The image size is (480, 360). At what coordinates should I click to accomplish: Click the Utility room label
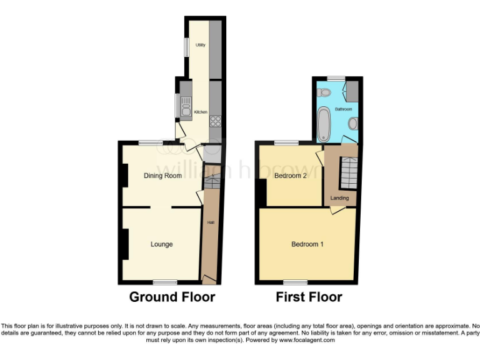click(201, 45)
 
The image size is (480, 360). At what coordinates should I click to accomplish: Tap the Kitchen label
click(201, 112)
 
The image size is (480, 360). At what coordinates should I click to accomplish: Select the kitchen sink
click(185, 107)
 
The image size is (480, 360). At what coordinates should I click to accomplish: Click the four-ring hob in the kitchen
click(216, 122)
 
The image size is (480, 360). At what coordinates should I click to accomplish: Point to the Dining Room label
click(162, 176)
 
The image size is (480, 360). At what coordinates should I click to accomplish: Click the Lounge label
click(161, 244)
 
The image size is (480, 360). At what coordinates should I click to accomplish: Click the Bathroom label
click(342, 109)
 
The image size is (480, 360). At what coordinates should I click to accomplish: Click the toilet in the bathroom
click(324, 92)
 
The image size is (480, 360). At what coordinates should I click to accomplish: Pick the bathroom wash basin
click(353, 124)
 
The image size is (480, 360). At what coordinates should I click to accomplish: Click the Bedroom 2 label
click(291, 176)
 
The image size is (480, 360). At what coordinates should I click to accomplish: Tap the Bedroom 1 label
click(307, 244)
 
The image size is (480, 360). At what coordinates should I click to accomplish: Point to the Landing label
click(340, 198)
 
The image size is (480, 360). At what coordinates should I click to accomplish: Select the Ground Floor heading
click(172, 297)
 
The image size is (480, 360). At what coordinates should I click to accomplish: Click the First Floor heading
click(309, 297)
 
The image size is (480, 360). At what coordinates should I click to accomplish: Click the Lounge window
click(165, 281)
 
